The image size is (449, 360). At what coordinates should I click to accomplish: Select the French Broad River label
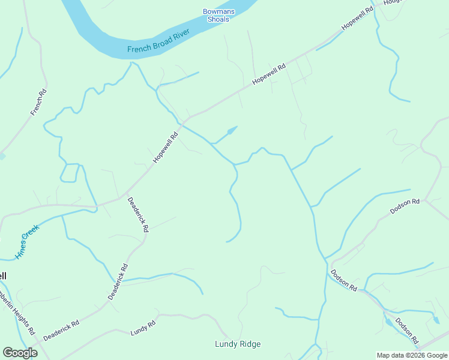[158, 41]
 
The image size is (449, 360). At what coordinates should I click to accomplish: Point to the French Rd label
[38, 103]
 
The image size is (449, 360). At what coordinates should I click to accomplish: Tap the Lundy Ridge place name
[238, 344]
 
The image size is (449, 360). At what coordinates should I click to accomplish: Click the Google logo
[20, 353]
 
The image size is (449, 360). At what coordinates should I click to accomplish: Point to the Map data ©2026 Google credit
[412, 355]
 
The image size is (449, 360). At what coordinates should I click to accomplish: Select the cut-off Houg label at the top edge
[391, 2]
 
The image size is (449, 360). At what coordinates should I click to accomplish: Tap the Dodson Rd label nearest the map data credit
[406, 334]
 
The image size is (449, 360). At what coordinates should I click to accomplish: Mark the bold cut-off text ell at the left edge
[3, 276]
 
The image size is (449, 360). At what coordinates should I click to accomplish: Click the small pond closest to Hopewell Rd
[231, 130]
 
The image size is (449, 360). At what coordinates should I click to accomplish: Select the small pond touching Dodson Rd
[388, 322]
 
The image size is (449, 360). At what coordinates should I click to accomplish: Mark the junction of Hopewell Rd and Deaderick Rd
[125, 196]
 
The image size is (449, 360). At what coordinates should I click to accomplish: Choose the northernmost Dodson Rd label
[405, 206]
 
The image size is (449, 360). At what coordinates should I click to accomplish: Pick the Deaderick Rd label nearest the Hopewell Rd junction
[137, 215]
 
